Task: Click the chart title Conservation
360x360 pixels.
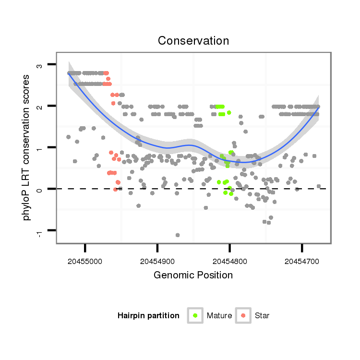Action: point(193,41)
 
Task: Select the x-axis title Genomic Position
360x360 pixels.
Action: point(193,275)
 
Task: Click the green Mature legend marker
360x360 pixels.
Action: point(195,315)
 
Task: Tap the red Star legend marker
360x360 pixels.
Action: point(243,315)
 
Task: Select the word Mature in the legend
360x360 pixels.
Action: point(219,316)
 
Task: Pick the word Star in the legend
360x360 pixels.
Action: point(262,316)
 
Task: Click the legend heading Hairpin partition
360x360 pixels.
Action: point(148,316)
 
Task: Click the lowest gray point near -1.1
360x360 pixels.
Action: point(178,235)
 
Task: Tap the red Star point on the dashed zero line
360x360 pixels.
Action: point(115,190)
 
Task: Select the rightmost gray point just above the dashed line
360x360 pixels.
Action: point(319,186)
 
